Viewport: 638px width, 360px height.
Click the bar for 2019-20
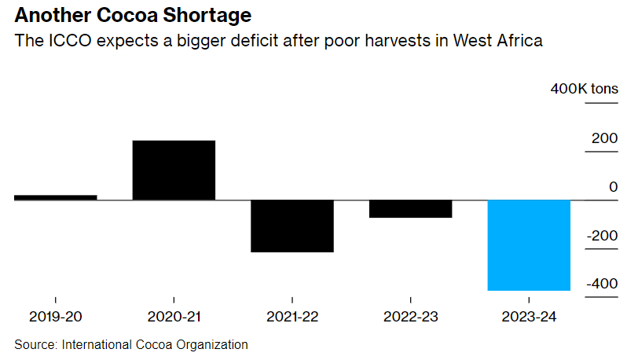pos(55,197)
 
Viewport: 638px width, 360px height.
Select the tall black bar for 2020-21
pos(174,170)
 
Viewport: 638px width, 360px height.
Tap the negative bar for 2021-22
pos(292,226)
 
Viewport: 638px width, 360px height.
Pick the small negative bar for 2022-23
pos(411,209)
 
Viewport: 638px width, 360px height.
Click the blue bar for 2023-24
pos(529,245)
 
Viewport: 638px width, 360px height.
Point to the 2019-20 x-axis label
pos(55,318)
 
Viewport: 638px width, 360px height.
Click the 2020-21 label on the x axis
pos(174,318)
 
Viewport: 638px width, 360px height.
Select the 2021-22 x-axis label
pos(292,318)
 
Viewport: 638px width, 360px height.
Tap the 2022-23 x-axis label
pos(411,318)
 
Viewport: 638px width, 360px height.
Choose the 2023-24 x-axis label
pos(529,318)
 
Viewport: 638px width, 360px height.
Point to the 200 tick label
pos(604,138)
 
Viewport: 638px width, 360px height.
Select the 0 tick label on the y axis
pos(613,187)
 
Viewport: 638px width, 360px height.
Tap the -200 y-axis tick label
pos(601,236)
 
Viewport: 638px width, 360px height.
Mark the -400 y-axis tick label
pos(601,284)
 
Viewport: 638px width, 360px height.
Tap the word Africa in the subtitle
pos(519,40)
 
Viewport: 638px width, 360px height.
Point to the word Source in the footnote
pos(35,344)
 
